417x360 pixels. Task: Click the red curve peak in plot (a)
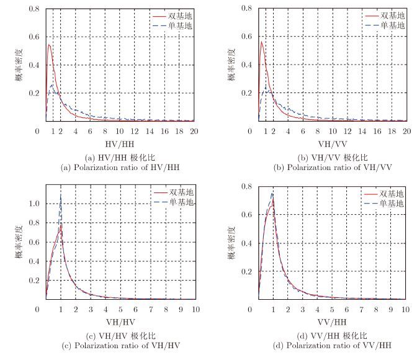pos(48,45)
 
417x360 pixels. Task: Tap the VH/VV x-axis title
pos(332,143)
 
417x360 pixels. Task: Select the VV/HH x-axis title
pos(332,322)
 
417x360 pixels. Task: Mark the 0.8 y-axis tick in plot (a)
pos(34,9)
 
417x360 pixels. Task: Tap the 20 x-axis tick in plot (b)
pos(406,132)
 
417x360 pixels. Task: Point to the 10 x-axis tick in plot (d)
pos(406,308)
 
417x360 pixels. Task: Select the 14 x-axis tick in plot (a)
pos(150,132)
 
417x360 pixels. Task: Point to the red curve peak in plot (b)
pos(262,42)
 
